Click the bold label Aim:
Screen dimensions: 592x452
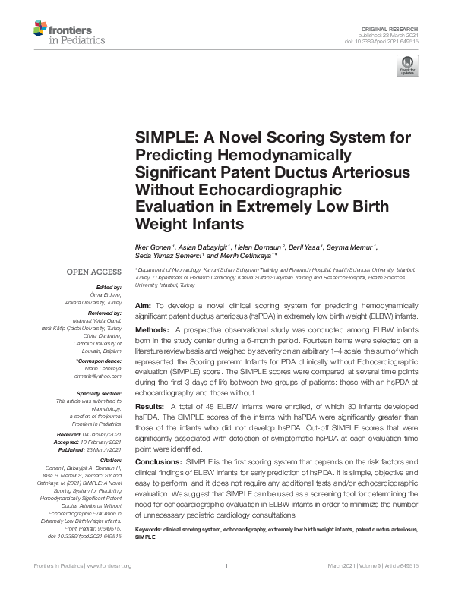tap(143, 304)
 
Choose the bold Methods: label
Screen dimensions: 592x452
tap(152, 331)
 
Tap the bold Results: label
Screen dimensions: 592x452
tap(150, 408)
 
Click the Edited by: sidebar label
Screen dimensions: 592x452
tap(109, 288)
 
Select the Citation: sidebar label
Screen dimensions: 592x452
tap(111, 460)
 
